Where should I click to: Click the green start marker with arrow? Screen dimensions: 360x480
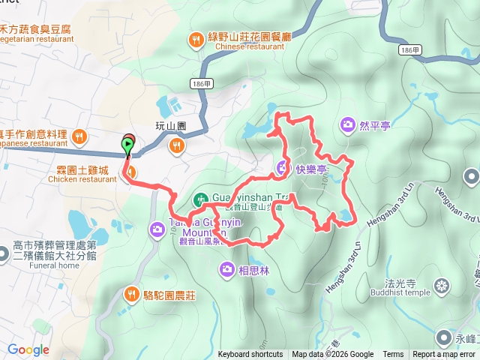point(127,145)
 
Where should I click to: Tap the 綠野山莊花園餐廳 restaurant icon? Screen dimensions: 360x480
point(196,40)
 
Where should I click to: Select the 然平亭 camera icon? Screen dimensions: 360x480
point(347,124)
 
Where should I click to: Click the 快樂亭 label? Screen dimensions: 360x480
point(310,169)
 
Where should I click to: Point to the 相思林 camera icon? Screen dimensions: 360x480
point(226,268)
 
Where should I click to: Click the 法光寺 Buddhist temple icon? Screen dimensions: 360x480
point(441,286)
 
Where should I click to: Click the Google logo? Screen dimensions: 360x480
point(28,349)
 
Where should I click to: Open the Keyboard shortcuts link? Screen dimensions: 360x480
point(250,355)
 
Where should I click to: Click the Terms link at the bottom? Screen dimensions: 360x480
point(393,355)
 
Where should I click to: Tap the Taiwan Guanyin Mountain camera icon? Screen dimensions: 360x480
point(157,229)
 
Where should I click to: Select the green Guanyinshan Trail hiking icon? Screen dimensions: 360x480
point(200,199)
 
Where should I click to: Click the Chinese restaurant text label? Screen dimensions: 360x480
point(244,45)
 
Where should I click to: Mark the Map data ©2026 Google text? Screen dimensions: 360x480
point(332,355)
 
